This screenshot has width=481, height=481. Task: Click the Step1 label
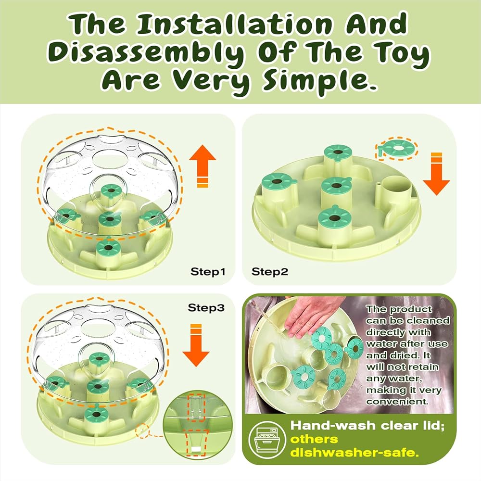pos(208,272)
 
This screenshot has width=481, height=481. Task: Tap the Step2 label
pos(270,272)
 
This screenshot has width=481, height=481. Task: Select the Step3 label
pos(206,307)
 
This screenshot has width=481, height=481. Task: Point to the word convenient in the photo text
pos(397,401)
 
